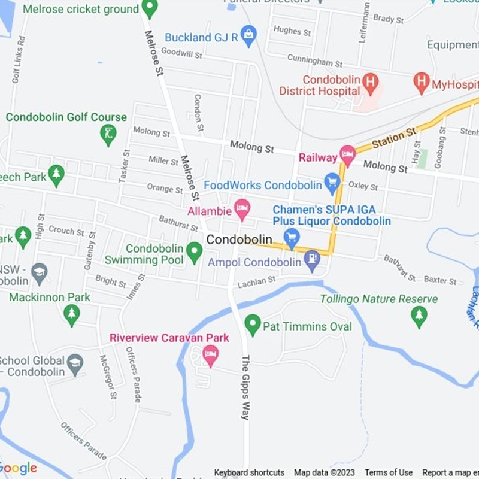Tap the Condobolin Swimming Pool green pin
(x=194, y=252)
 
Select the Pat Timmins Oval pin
(x=253, y=325)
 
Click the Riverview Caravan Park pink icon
(x=210, y=356)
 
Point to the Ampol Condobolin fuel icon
(x=312, y=260)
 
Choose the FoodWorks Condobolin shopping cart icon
(x=332, y=183)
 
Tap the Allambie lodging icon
(x=242, y=209)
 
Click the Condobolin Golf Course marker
(x=108, y=135)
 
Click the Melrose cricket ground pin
(x=150, y=8)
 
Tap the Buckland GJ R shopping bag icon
(x=248, y=36)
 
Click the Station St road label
(x=393, y=140)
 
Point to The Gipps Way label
(x=244, y=388)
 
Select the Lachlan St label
(x=256, y=280)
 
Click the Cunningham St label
(x=314, y=60)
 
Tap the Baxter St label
(x=440, y=280)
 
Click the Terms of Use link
(x=389, y=472)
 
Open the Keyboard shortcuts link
(x=249, y=472)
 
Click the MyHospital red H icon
(x=422, y=81)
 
